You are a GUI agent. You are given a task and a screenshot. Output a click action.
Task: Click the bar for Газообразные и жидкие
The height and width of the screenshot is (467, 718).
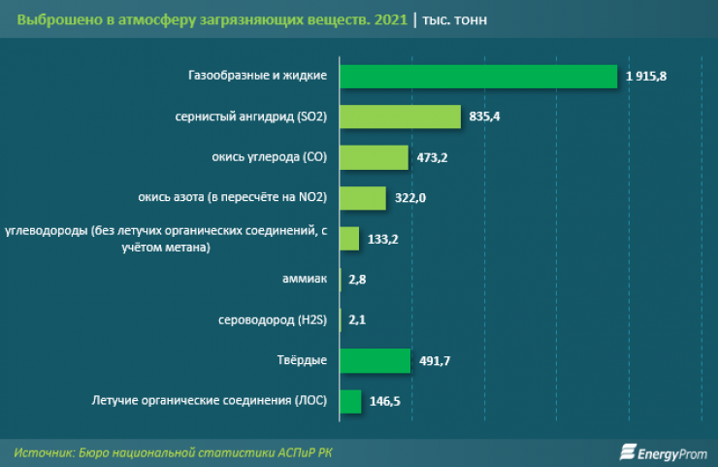click(478, 76)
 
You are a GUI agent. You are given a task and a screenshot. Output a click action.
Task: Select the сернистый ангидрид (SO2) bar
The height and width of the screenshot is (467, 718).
click(400, 117)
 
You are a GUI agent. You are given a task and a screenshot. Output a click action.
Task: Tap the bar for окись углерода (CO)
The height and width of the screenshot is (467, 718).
click(374, 157)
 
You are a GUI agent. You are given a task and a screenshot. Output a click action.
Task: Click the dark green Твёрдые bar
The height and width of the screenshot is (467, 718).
click(375, 360)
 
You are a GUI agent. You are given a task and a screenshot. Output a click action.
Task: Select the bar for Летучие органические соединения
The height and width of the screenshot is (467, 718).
click(350, 400)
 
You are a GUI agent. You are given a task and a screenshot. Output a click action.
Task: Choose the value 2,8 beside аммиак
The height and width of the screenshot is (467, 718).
click(356, 280)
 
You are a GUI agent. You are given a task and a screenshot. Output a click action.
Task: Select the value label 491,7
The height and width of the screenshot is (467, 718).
click(436, 361)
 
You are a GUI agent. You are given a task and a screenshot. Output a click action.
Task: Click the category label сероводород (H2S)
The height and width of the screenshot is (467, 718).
click(276, 319)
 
